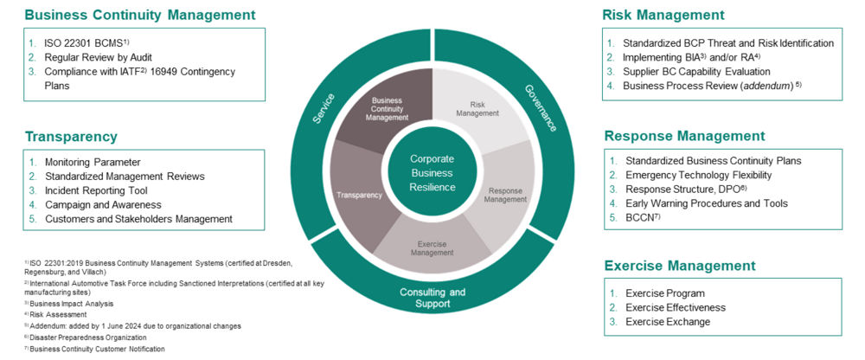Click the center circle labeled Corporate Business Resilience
pos(432,170)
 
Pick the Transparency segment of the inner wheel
pos(362,195)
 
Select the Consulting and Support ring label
pos(432,298)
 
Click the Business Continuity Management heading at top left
pos(140,15)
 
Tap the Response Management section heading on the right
pos(684,136)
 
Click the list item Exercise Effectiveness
pos(676,307)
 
